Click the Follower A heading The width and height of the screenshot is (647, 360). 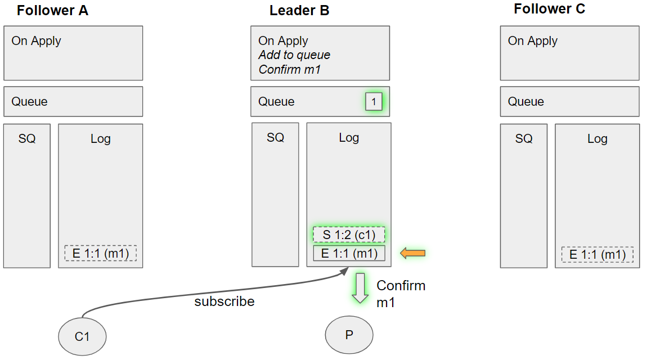(52, 10)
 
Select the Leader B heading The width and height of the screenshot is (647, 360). (299, 10)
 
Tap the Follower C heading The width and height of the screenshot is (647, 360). (549, 9)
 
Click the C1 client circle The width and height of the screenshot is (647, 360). (82, 336)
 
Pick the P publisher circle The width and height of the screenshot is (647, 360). (349, 335)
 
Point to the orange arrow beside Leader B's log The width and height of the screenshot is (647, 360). (412, 254)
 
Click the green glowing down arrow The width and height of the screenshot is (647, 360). (360, 287)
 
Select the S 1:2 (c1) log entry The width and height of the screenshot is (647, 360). (349, 235)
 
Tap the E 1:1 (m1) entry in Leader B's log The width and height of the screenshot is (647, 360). (349, 254)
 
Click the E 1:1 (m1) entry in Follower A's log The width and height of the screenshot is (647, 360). (101, 254)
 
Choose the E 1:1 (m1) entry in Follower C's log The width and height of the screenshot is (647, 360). (597, 255)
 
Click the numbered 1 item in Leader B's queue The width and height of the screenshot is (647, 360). (374, 102)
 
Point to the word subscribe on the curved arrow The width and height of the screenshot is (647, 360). (224, 301)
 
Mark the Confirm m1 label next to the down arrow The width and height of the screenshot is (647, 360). (401, 294)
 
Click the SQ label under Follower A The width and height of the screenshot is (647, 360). (27, 138)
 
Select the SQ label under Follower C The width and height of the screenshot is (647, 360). (524, 138)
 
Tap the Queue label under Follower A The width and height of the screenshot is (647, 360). (29, 102)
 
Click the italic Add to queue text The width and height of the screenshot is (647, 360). (294, 55)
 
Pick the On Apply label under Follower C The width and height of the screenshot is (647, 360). (532, 41)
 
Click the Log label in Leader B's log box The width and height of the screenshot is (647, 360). (349, 138)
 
